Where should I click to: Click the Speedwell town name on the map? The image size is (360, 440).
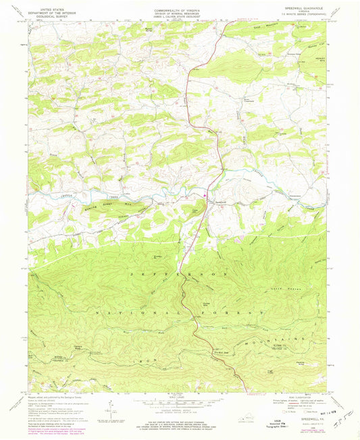point(213,202)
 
